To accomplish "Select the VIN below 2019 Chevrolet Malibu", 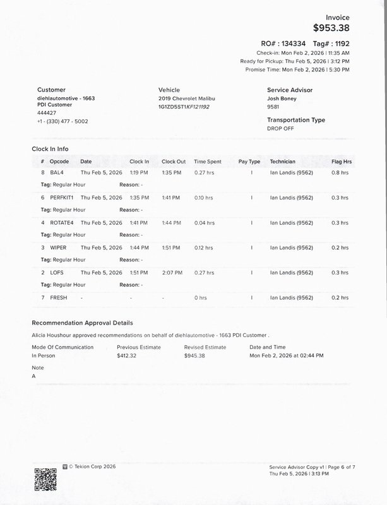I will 184,107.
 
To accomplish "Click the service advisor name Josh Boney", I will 282,100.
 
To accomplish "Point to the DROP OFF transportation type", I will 280,128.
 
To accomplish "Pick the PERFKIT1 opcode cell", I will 62,198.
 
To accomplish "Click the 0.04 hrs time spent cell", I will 203,223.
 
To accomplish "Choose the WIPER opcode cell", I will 59,247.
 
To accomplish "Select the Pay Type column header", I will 249,162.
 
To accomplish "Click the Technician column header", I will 282,162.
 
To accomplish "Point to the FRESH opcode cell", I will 59,297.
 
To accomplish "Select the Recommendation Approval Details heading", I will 82,323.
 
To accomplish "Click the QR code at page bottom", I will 45,478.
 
